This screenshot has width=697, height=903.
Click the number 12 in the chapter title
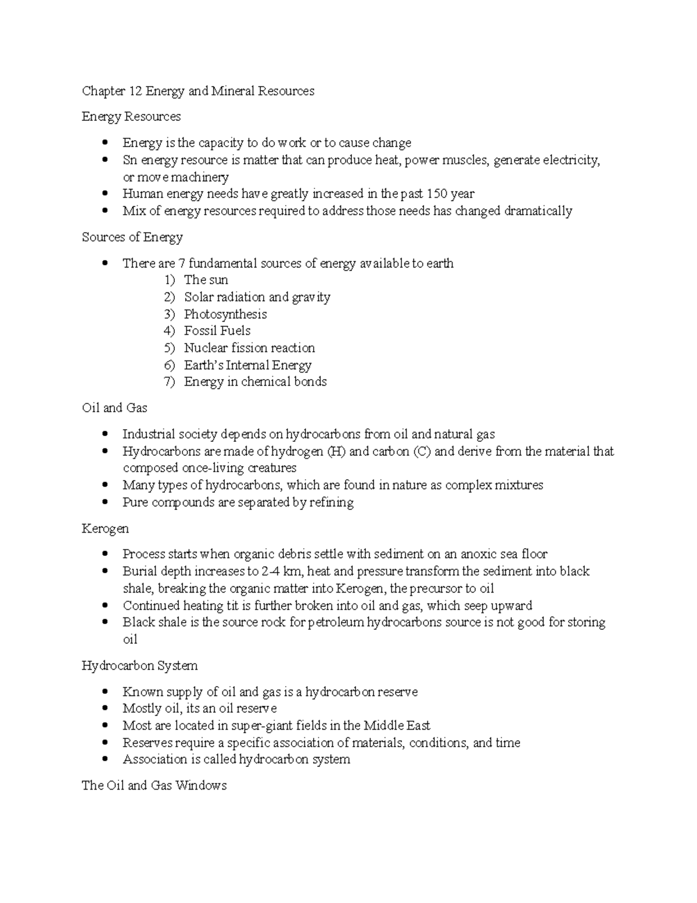[x=135, y=91]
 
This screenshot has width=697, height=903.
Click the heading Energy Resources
[x=131, y=117]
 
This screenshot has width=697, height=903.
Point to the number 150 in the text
[x=437, y=194]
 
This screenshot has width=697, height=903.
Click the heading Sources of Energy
[x=132, y=237]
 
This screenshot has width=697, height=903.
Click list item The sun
[x=206, y=280]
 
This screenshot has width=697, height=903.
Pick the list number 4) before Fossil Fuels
[x=169, y=331]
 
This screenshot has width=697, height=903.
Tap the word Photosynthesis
[x=225, y=314]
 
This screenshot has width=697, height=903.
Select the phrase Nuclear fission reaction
[x=249, y=348]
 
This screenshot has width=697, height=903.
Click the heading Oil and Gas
[x=114, y=408]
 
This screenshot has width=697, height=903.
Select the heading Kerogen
[x=105, y=529]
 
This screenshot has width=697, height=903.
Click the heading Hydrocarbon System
[x=139, y=666]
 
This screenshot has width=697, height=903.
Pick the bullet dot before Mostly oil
[x=105, y=708]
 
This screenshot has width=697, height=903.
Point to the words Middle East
[x=397, y=726]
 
